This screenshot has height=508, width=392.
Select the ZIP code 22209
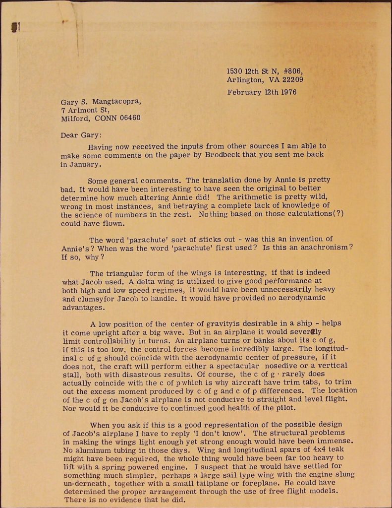pyautogui.click(x=290, y=79)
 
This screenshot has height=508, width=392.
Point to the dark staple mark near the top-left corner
pyautogui.click(x=16, y=28)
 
